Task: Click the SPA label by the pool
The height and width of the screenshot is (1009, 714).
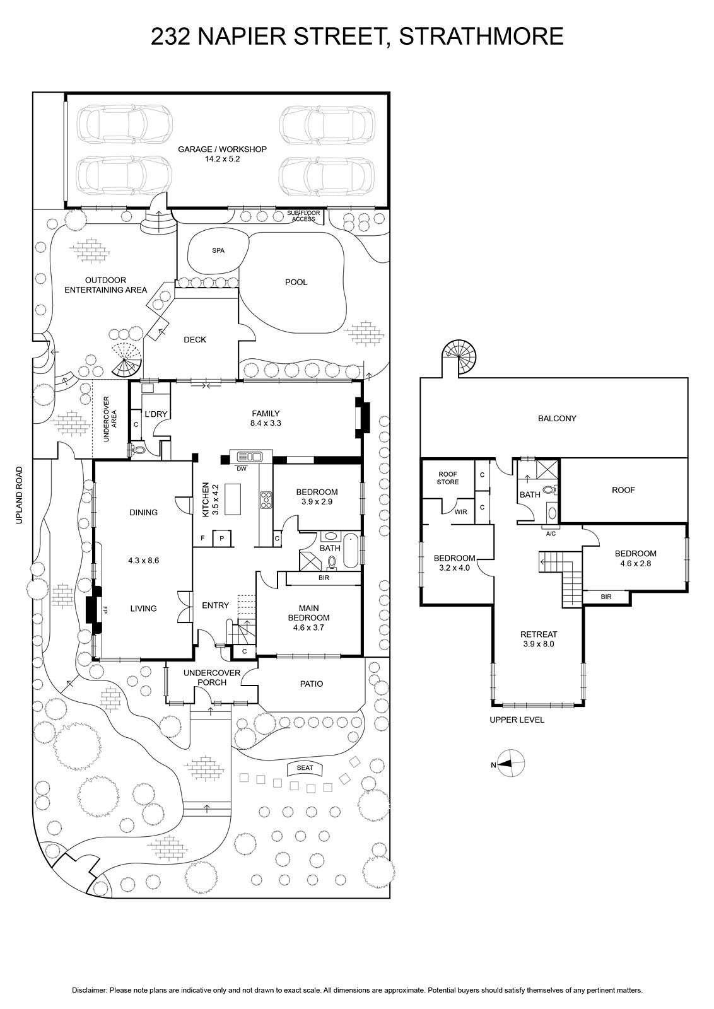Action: click(x=218, y=251)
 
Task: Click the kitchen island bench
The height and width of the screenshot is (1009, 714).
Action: click(x=232, y=499)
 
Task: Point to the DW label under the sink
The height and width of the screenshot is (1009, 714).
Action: click(x=242, y=469)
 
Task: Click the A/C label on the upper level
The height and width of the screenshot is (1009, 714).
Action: click(x=551, y=534)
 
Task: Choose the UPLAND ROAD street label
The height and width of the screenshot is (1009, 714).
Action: click(x=19, y=496)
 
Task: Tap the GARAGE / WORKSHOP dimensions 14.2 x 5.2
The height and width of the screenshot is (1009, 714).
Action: click(x=221, y=159)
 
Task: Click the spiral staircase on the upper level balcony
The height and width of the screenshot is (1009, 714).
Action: click(x=459, y=357)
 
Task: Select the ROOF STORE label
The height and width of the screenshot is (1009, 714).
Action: click(x=448, y=478)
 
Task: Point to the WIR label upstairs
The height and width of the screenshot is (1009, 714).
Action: click(x=460, y=512)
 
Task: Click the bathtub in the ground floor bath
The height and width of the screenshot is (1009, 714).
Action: click(x=351, y=550)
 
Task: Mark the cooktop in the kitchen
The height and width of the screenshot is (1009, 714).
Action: click(x=266, y=500)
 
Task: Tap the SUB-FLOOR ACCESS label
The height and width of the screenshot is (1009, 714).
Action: click(x=303, y=216)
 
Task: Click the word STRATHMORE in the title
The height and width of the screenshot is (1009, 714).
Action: click(x=481, y=37)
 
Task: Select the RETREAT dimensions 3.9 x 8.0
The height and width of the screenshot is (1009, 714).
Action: click(x=539, y=644)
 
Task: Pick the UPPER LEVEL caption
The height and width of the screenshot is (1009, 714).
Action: click(x=517, y=720)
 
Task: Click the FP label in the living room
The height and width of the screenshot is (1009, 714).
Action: click(x=105, y=611)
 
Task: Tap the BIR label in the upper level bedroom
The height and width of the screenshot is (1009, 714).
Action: click(x=606, y=597)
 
